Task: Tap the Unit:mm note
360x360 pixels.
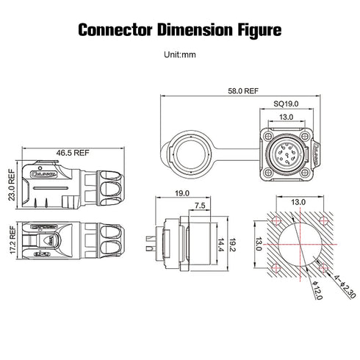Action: tap(180, 54)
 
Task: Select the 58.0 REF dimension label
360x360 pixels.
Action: tap(243, 93)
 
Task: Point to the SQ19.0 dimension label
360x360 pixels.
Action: tap(286, 104)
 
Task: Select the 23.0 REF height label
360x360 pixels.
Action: tap(11, 187)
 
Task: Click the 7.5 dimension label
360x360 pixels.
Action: tap(198, 206)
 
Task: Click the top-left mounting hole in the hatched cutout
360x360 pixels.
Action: tap(276, 221)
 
